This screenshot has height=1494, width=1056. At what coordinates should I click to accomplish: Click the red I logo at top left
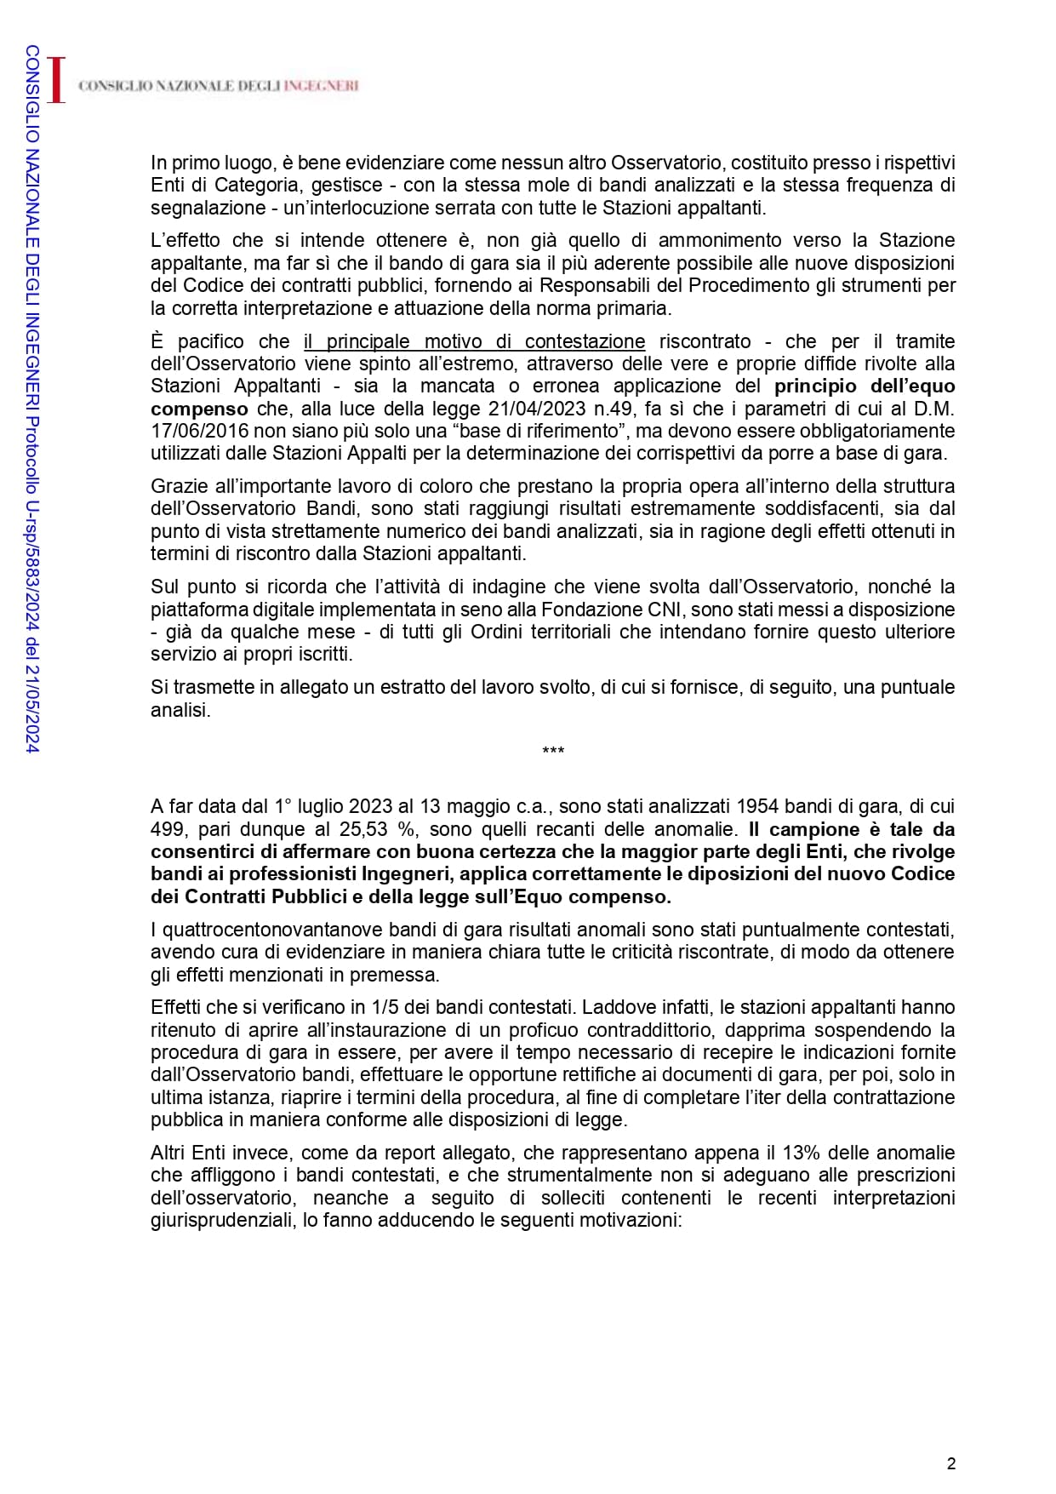57,80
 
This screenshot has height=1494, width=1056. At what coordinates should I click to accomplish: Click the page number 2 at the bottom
951,1463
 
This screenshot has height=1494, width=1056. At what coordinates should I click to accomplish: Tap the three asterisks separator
553,751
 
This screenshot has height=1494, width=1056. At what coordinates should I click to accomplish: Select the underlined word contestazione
585,341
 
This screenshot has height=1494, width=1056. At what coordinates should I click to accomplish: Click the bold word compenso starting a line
199,409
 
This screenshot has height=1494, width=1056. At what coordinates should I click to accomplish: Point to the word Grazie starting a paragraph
178,486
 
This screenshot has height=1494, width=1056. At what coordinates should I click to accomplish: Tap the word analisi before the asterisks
180,709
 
